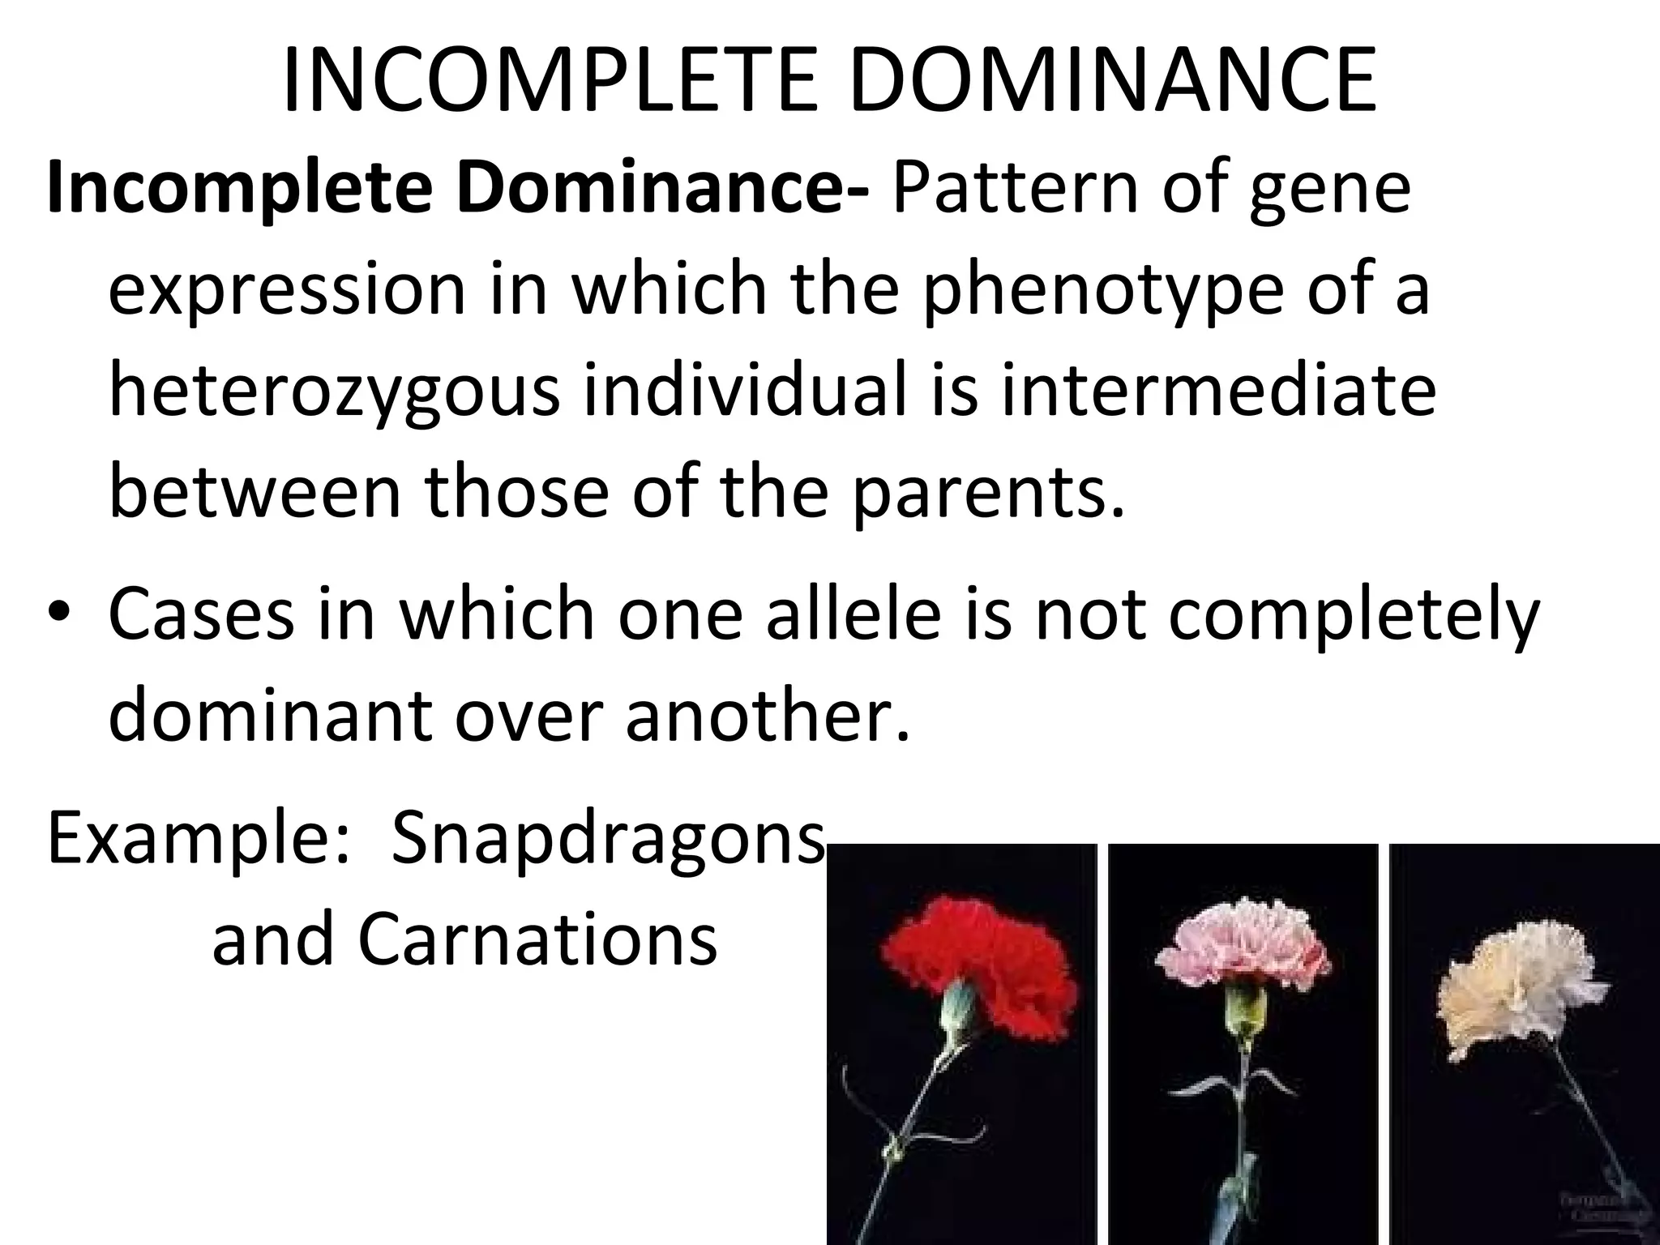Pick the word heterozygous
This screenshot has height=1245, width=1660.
pyautogui.click(x=334, y=393)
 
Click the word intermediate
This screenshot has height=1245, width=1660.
pyautogui.click(x=1217, y=391)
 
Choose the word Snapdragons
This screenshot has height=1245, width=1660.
pyautogui.click(x=608, y=841)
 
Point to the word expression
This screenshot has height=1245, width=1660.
pyautogui.click(x=287, y=292)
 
